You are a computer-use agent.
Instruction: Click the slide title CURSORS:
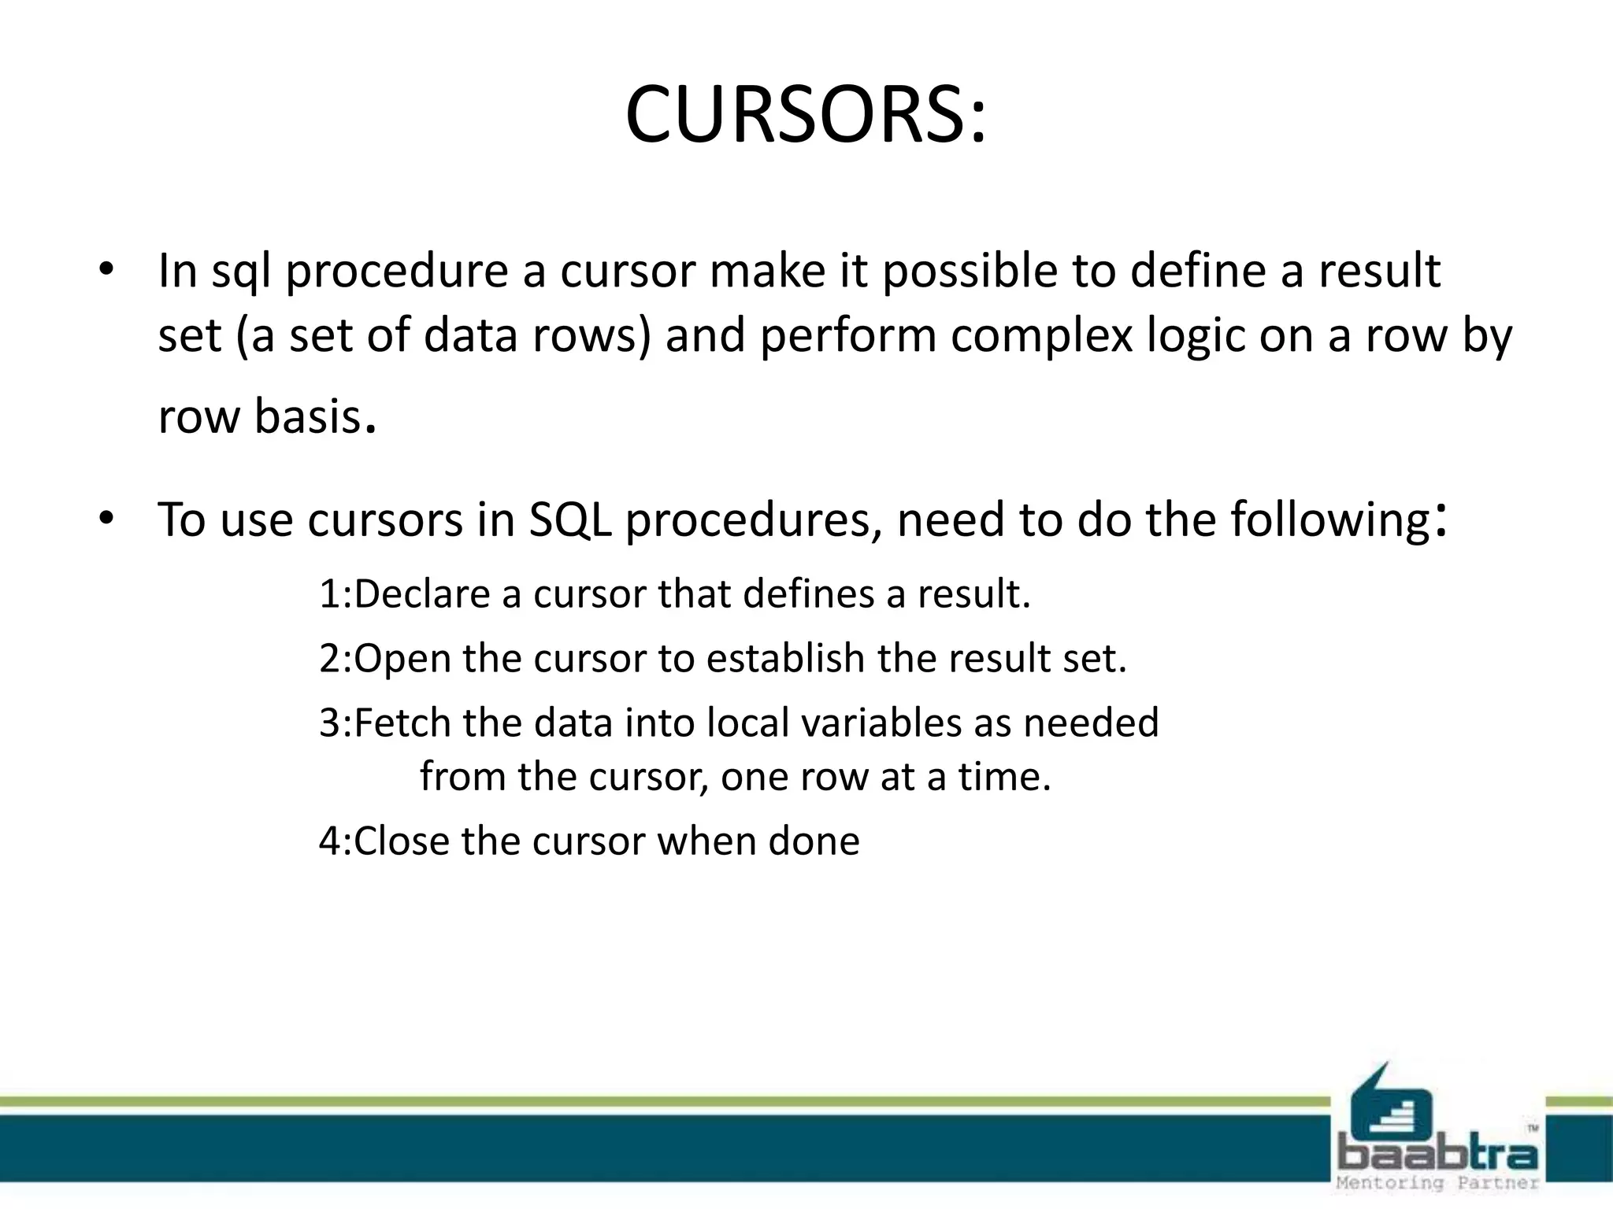coord(805,116)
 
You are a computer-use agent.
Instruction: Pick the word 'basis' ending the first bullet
coord(307,416)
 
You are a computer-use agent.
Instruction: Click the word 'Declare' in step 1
coord(422,594)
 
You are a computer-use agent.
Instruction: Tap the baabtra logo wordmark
coord(1438,1155)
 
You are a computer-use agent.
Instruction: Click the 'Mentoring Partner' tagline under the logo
coord(1438,1183)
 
